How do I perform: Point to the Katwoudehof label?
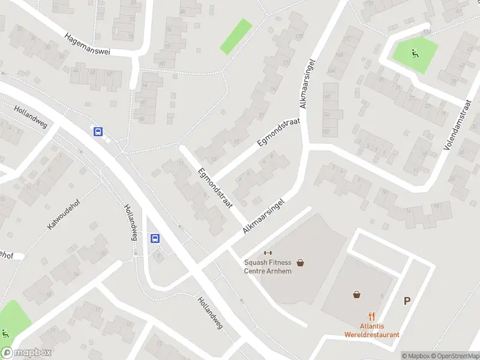[x=64, y=214]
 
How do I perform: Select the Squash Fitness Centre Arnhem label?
[x=268, y=266]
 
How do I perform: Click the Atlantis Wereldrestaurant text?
[x=372, y=331]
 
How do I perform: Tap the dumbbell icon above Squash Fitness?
[x=268, y=252]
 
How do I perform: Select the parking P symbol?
[x=407, y=301]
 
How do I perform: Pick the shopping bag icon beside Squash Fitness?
[x=300, y=262]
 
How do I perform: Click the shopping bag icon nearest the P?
[x=357, y=295]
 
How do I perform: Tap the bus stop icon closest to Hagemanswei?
[x=98, y=132]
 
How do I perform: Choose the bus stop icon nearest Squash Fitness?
[x=155, y=238]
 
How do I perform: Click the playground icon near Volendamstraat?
[x=414, y=52]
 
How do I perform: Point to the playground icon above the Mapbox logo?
[x=5, y=334]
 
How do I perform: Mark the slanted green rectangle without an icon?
[x=236, y=36]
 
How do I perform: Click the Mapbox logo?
[x=26, y=353]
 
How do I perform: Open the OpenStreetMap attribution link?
[x=454, y=355]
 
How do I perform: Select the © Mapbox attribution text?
[x=415, y=355]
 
